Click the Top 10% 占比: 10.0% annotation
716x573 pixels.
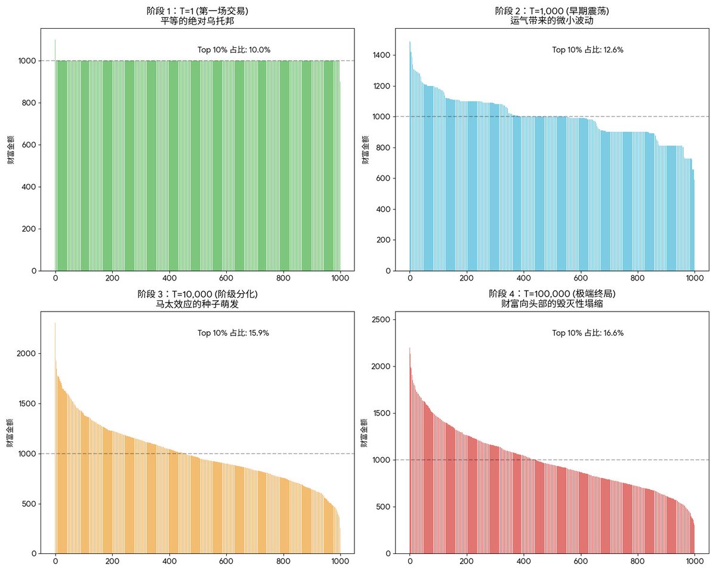click(x=234, y=50)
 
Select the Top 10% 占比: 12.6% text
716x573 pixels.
click(x=588, y=50)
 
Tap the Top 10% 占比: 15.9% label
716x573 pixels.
click(x=233, y=333)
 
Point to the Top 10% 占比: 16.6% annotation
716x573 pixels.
click(x=588, y=333)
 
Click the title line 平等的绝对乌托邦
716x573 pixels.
click(x=197, y=21)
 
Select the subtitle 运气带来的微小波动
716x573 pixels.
click(x=552, y=21)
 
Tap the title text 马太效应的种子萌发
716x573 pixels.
click(x=197, y=304)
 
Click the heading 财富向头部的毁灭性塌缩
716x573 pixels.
click(x=552, y=304)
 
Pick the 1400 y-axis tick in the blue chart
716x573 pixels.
click(x=381, y=55)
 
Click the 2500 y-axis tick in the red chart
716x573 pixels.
click(x=381, y=320)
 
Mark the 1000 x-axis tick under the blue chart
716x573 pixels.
click(x=695, y=278)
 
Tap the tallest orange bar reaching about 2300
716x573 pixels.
click(x=55, y=442)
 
